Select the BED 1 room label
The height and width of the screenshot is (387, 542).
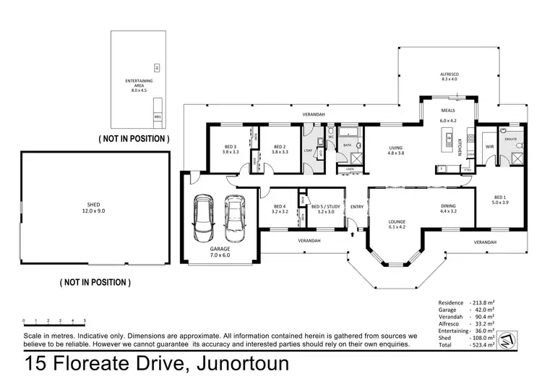click(500, 200)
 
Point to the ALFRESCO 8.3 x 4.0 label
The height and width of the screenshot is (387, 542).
click(449, 76)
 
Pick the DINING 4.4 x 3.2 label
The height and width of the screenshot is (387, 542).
click(449, 209)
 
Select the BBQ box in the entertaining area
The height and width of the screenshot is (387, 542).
click(158, 116)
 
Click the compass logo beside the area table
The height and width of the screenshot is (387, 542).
click(509, 337)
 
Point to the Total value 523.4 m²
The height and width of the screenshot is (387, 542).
click(482, 346)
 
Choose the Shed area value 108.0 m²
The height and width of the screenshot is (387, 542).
click(482, 338)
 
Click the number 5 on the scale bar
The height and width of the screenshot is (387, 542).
click(85, 320)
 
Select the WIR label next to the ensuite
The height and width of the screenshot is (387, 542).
click(489, 146)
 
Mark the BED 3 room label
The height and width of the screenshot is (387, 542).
click(231, 150)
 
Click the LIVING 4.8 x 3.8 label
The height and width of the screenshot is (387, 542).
click(395, 150)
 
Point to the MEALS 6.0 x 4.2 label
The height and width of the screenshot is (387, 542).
click(449, 116)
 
